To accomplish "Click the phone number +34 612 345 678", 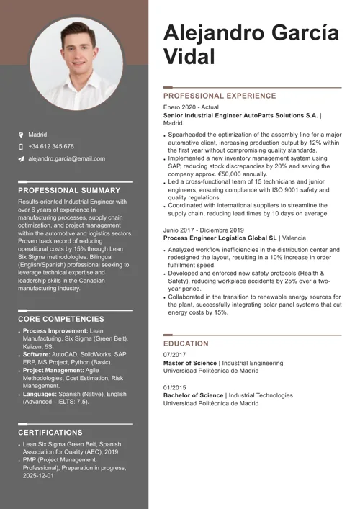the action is tap(51, 147).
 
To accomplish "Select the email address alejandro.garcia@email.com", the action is tap(66, 158).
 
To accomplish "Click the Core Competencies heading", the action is tap(60, 319).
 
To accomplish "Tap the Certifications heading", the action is tap(50, 433).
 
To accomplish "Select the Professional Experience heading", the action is tap(220, 96).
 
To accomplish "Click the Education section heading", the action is tap(186, 344).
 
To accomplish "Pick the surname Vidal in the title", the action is tap(189, 57).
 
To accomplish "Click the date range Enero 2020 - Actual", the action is tap(191, 107).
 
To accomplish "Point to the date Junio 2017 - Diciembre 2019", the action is tap(205, 230).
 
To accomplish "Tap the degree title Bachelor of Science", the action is tap(194, 395).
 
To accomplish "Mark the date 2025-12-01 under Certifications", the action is tap(37, 476).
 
